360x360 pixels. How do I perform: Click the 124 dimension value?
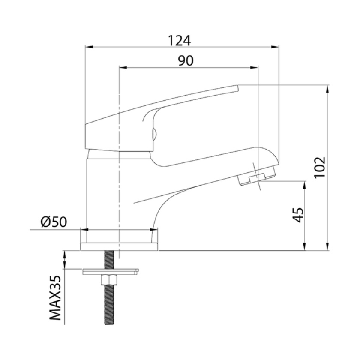pyautogui.click(x=180, y=40)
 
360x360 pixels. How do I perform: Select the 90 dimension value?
pyautogui.click(x=186, y=60)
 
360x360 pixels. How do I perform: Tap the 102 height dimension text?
pyautogui.click(x=320, y=167)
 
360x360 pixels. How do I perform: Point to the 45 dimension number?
pyautogui.click(x=299, y=215)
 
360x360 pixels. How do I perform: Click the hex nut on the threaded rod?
pyautogui.click(x=109, y=280)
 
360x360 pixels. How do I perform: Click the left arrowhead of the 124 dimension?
pyautogui.click(x=89, y=47)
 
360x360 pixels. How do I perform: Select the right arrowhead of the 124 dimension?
pyautogui.click(x=275, y=47)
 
